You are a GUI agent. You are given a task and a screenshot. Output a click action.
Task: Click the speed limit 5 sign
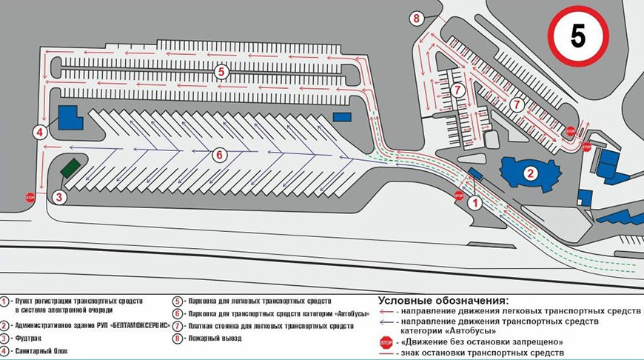click(578, 36)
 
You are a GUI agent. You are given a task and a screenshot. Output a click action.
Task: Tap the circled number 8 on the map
click(417, 19)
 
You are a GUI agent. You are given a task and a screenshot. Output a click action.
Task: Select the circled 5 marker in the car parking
click(221, 72)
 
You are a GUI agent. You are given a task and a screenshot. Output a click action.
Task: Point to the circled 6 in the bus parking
click(220, 155)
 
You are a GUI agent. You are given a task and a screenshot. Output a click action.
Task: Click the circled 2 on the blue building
click(530, 173)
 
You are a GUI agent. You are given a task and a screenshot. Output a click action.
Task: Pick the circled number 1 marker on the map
click(475, 203)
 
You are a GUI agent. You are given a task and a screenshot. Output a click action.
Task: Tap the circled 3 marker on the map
click(59, 197)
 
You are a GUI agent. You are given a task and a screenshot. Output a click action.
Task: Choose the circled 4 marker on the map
click(40, 133)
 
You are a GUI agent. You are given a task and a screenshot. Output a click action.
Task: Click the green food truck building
click(70, 168)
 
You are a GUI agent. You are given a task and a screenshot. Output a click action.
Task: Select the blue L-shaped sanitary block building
click(70, 118)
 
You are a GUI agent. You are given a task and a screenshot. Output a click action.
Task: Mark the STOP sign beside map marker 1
click(459, 196)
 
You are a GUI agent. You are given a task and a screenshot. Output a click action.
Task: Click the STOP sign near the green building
click(30, 198)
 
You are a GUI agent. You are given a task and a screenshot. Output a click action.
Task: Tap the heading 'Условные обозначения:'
click(443, 301)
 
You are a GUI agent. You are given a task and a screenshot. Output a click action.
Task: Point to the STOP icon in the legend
click(386, 342)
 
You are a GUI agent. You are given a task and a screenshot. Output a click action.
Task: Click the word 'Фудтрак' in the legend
click(28, 339)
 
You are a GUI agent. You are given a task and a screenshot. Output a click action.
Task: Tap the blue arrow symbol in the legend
click(387, 321)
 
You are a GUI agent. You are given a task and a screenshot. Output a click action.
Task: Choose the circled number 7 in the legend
click(177, 327)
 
